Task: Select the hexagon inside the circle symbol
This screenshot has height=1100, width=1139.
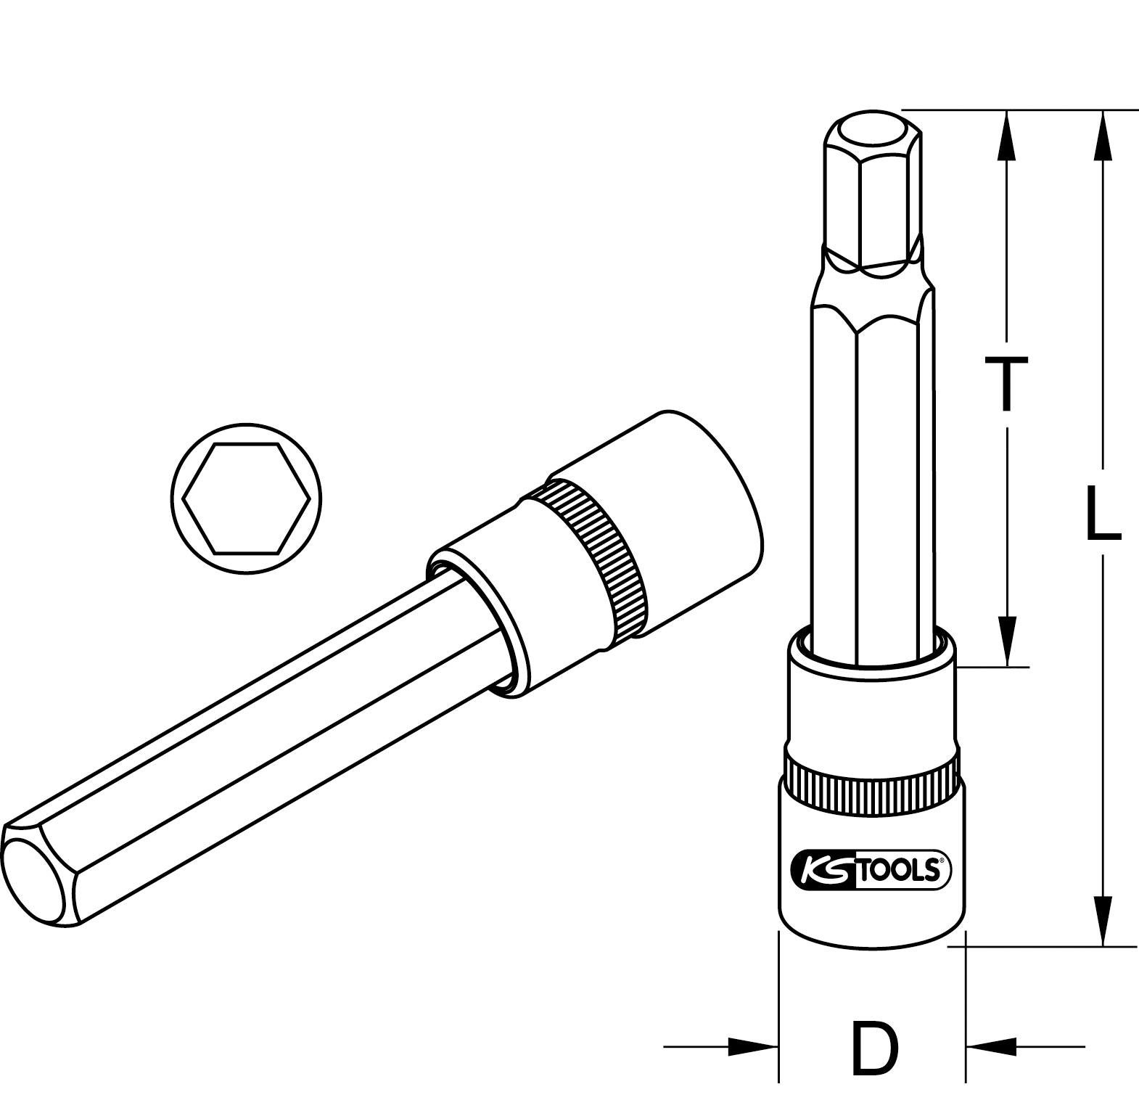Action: (x=247, y=498)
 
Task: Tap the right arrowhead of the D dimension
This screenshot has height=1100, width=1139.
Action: (x=991, y=1046)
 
